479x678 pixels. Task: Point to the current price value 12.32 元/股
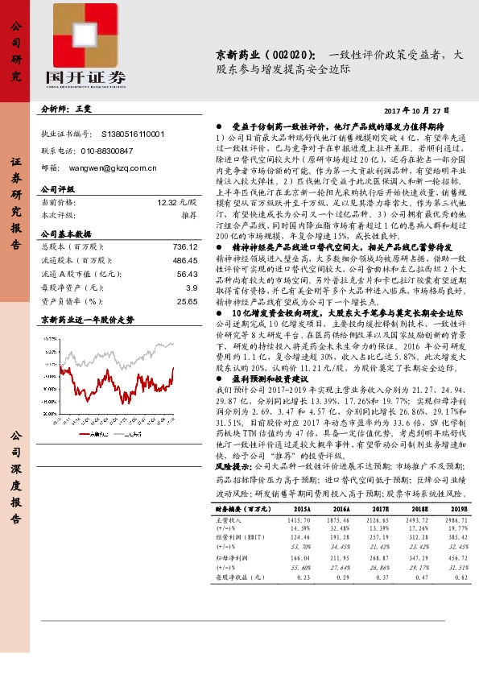click(177, 204)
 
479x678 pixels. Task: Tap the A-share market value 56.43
click(187, 274)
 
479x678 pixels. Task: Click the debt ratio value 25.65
click(187, 300)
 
